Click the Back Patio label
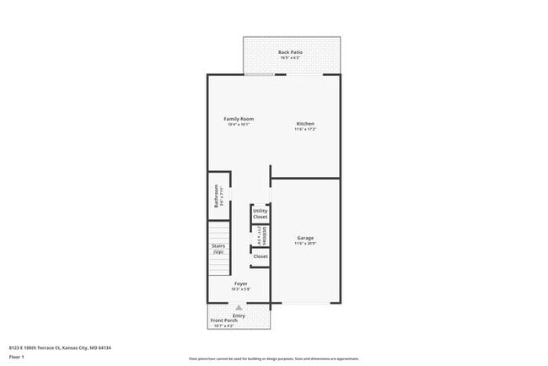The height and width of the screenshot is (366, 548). [x=291, y=52]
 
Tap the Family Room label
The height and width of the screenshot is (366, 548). [x=239, y=119]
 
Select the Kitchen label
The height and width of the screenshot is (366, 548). [x=304, y=124]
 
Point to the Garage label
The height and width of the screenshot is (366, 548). [x=305, y=238]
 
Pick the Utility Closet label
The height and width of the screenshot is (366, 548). [x=261, y=213]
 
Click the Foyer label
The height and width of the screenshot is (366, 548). [x=240, y=284]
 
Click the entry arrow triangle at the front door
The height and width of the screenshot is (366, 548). [x=239, y=309]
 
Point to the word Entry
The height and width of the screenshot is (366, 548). [x=239, y=315]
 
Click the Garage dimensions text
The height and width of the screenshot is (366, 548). [x=305, y=244]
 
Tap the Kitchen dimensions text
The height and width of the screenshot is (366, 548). [x=304, y=130]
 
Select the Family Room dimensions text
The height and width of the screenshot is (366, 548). [x=239, y=125]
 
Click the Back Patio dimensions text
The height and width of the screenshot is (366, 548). [x=291, y=58]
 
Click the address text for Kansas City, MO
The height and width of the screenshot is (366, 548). [x=61, y=347]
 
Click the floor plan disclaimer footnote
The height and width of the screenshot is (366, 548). [x=274, y=358]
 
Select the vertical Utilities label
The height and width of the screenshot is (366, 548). [x=264, y=234]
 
